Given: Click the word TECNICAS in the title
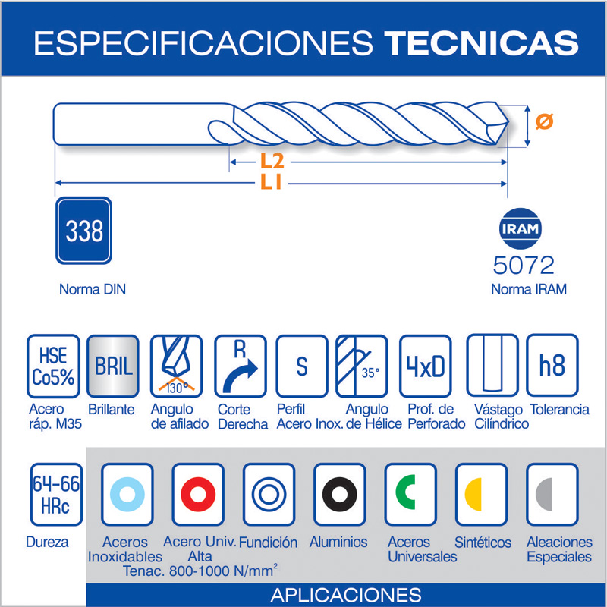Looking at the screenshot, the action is tap(481, 42).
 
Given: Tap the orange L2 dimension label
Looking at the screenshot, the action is tap(272, 162).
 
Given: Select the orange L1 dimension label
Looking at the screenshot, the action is tap(271, 181).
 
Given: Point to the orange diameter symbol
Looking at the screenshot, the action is tap(544, 121).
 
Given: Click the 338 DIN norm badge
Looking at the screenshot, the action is tap(83, 231).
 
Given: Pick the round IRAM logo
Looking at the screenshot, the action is tap(521, 228).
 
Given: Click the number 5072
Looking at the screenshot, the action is tap(524, 265).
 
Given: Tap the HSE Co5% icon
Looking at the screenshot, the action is tap(53, 366).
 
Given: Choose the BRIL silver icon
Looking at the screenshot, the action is tap(112, 366).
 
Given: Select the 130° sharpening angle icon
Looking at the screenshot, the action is tap(176, 366).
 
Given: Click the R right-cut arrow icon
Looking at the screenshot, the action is tap(241, 366).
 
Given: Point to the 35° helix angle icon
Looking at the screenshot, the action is tap(362, 366).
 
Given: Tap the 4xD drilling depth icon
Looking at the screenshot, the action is tap(426, 366).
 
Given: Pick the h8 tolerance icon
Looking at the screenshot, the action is tap(552, 366).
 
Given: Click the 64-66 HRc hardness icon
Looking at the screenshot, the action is tap(56, 495).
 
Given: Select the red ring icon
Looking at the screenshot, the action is tap(198, 495).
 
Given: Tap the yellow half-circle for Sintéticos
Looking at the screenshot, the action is tap(473, 495).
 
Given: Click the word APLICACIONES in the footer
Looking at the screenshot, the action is tap(346, 595).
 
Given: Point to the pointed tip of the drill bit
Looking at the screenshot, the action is tap(508, 123).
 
